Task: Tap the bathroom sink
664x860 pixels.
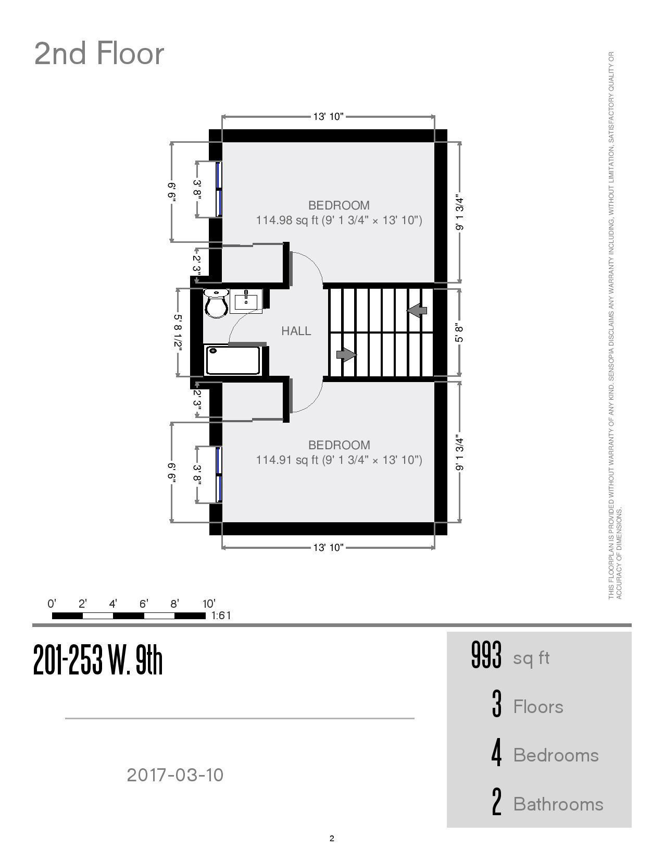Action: coord(246,301)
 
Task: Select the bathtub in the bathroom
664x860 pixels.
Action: coord(233,360)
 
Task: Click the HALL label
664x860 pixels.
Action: coord(296,331)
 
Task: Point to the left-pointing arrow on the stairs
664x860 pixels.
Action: coord(417,311)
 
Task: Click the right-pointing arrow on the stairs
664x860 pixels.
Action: coord(346,355)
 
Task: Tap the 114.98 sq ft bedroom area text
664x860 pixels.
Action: coord(339,220)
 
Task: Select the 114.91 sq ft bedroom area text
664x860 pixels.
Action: coord(339,460)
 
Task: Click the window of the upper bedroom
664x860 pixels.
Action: coord(219,189)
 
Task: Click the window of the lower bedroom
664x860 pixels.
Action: coord(219,474)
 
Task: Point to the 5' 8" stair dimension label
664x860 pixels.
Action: coord(459,333)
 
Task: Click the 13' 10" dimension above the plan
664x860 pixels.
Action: coord(328,116)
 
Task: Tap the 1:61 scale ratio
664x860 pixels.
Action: coord(221,616)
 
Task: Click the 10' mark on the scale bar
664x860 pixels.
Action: coord(208,604)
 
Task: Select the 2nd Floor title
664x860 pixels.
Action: coord(99,54)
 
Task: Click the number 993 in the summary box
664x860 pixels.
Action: coord(486,655)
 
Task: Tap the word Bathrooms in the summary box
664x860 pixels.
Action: coord(558,804)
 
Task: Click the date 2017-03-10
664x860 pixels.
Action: coord(175,775)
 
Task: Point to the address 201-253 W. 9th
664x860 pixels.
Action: coord(98,660)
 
